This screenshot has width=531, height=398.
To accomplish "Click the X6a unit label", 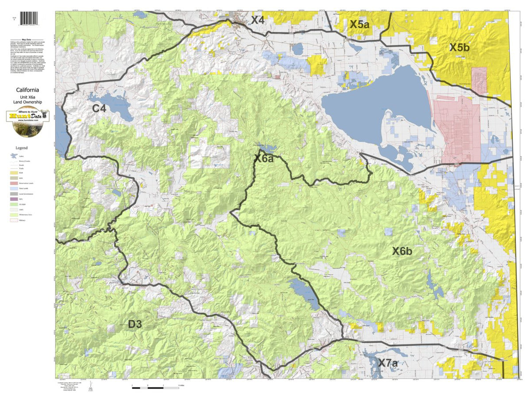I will (x=264, y=158).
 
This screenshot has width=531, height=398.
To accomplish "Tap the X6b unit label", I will (x=402, y=251).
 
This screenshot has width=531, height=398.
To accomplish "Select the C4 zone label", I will (x=99, y=108).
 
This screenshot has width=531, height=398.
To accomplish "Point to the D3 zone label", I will (x=135, y=324).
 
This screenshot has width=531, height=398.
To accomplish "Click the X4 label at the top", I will (x=258, y=20).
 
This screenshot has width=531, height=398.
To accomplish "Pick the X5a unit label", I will (x=359, y=24).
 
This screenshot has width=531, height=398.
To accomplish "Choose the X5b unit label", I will (x=459, y=47).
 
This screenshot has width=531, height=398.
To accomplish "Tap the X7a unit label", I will (x=388, y=363).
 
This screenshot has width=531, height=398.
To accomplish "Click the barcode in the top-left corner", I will (x=29, y=18).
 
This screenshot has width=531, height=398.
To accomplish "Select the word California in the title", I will (x=28, y=90).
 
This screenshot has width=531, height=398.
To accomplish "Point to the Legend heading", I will (x=22, y=148).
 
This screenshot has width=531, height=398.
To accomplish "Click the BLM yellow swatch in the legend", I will (x=14, y=173).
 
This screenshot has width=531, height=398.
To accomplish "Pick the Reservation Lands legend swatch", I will (x=14, y=183).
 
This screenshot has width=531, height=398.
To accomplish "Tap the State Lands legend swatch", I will (x=14, y=188).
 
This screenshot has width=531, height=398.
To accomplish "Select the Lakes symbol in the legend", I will (x=14, y=156).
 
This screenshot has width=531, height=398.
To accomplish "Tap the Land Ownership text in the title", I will (x=28, y=102).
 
